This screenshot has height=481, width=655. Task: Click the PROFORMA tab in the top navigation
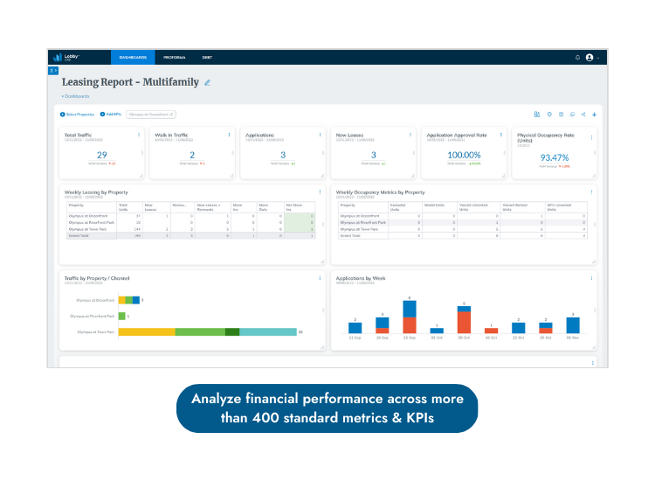coord(175,58)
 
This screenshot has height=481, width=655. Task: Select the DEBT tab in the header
coord(207,58)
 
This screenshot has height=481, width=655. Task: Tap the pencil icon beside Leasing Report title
coord(208,82)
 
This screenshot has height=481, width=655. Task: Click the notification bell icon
coord(577,58)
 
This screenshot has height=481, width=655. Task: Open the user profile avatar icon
coord(589,58)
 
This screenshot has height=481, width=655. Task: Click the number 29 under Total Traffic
coord(101,155)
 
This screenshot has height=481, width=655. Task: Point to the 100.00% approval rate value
coord(464,155)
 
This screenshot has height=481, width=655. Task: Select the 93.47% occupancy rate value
coord(555,157)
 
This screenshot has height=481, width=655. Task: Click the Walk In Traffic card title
coord(172,136)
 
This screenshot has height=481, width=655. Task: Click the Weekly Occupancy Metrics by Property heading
coord(381,192)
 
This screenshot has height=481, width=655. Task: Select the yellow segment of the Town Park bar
coord(147,332)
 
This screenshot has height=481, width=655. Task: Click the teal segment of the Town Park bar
coord(268,332)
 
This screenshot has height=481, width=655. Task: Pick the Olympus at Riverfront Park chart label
coord(96,316)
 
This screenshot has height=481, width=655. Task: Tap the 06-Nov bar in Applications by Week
coord(573,325)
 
